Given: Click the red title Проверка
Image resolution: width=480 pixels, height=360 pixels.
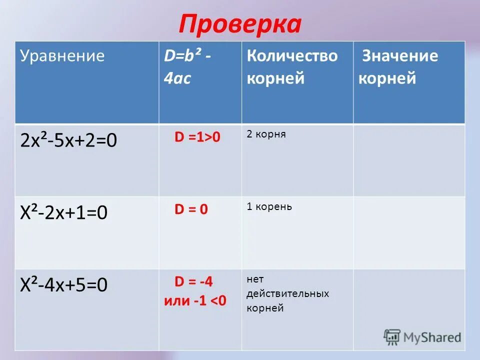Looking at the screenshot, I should pyautogui.click(x=239, y=24).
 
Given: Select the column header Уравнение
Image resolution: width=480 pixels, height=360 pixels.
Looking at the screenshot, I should pyautogui.click(x=62, y=56).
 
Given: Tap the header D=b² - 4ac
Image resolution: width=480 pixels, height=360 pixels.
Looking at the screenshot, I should pyautogui.click(x=187, y=67).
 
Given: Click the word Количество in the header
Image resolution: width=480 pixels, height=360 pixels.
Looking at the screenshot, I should pyautogui.click(x=292, y=56).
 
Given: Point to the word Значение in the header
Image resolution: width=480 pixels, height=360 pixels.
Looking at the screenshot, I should pyautogui.click(x=399, y=56).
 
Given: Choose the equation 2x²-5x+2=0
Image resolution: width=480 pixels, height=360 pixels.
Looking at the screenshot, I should pyautogui.click(x=69, y=141).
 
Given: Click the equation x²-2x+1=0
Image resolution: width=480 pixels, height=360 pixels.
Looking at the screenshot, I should pyautogui.click(x=64, y=213).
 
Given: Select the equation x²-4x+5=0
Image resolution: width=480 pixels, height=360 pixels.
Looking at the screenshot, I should pyautogui.click(x=64, y=285).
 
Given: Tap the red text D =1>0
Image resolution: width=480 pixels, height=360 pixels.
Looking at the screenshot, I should pyautogui.click(x=197, y=137).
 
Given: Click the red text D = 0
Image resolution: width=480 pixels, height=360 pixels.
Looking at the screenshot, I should pyautogui.click(x=191, y=209).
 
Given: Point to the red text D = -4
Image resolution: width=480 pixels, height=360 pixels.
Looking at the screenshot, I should pyautogui.click(x=193, y=281).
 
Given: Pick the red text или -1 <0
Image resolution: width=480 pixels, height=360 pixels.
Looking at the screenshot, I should pyautogui.click(x=195, y=301).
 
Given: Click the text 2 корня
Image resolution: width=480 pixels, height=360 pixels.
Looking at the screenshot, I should pyautogui.click(x=266, y=134).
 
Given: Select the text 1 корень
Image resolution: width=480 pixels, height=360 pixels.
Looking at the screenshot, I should pyautogui.click(x=269, y=206).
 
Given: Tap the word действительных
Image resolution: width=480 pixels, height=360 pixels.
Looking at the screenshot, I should pyautogui.click(x=287, y=293).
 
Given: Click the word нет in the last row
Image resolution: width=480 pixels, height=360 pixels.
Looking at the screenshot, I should pyautogui.click(x=254, y=279).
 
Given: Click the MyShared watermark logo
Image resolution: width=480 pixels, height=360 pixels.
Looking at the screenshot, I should pyautogui.click(x=422, y=337).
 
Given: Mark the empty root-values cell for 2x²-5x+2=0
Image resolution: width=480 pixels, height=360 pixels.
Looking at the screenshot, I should pyautogui.click(x=409, y=160).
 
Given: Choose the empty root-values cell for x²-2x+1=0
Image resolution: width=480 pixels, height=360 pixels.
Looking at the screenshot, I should pyautogui.click(x=409, y=232).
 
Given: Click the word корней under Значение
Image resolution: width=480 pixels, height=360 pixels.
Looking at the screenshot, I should pyautogui.click(x=387, y=78).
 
